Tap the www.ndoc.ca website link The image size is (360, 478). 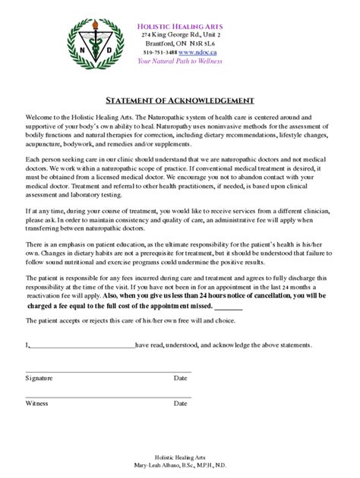tap(199, 52)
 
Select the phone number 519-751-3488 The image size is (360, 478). tap(159, 52)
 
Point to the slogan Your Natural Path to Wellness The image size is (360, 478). tap(179, 61)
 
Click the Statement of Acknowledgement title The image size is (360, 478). tap(179, 100)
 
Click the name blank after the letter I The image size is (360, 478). tap(82, 345)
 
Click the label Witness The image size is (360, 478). tap(36, 404)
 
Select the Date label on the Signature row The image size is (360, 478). tap(180, 377)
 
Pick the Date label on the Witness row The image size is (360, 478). tap(180, 404)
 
